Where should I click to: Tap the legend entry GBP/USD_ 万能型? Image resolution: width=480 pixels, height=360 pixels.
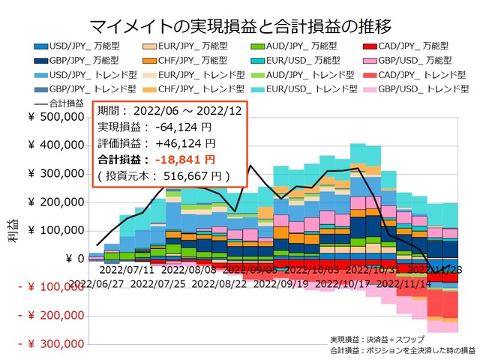408,61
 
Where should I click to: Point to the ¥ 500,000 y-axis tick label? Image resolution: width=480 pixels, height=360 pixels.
55,117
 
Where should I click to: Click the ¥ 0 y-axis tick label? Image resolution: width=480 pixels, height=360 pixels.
75,259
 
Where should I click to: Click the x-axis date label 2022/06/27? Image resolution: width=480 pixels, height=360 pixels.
97,284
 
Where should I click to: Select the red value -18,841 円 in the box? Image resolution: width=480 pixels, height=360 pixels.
184,159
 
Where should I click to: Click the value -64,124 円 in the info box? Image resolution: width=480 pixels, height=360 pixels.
184,125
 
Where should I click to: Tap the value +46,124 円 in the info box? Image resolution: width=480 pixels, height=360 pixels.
184,142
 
